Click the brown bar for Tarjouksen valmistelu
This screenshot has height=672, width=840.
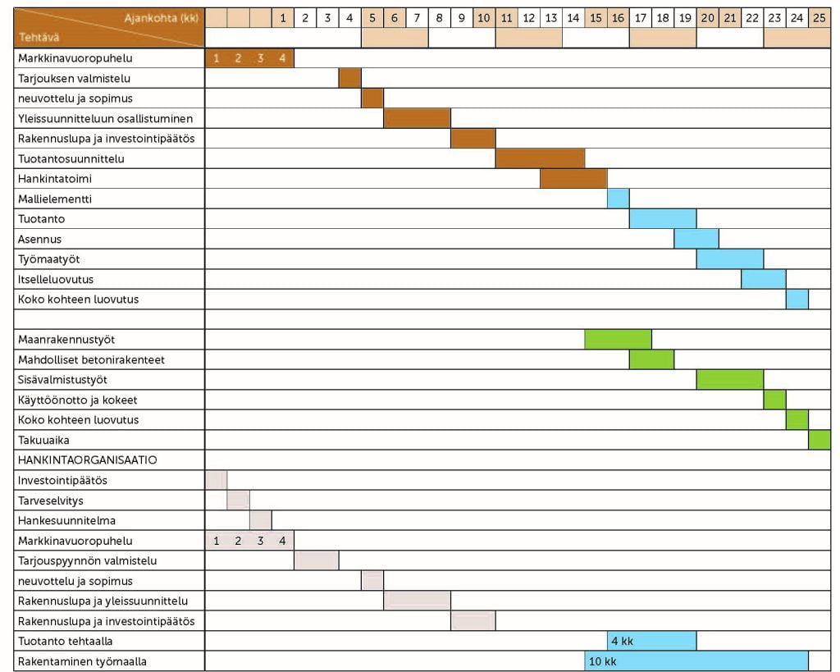pos(350,78)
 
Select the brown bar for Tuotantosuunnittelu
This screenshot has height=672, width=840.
pos(540,158)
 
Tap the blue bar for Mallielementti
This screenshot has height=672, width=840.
pos(619,199)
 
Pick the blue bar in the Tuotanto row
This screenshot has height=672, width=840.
pos(663,219)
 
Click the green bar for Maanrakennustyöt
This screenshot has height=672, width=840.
pos(619,339)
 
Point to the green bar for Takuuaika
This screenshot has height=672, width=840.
pos(819,440)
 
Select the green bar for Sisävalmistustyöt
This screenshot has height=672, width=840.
pos(730,379)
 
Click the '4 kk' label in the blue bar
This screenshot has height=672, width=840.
pos(622,641)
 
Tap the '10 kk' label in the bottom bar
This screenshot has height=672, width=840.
pos(602,661)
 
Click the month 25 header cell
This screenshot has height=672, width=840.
pos(819,17)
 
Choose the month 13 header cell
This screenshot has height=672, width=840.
pos(551,17)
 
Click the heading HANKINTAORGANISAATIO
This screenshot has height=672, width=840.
pos(88,460)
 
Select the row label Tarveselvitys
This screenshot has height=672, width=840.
pos(51,501)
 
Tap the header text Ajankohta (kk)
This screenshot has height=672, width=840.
pos(162,17)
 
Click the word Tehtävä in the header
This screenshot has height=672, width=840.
pos(39,38)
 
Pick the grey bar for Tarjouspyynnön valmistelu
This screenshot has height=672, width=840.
pos(317,560)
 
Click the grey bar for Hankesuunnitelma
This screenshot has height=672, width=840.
pos(261,520)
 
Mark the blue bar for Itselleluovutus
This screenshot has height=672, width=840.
pos(764,279)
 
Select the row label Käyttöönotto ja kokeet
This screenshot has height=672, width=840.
pos(78,400)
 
